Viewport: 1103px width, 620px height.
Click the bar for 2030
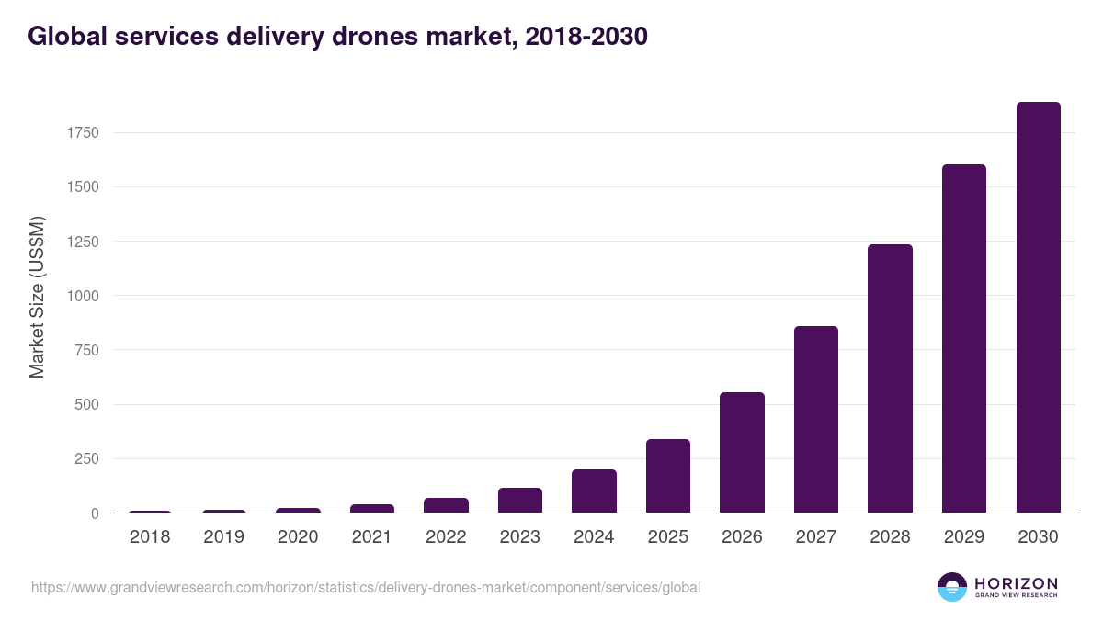(1038, 308)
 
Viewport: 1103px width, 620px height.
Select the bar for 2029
(964, 339)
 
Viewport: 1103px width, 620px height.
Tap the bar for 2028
(890, 378)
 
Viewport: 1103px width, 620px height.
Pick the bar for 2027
(816, 420)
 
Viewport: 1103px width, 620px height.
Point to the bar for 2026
(742, 453)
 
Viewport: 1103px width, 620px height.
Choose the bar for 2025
(668, 476)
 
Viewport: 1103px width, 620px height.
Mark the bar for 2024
(594, 491)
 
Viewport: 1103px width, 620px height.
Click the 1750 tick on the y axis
(83, 133)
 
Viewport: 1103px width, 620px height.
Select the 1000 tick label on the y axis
(83, 296)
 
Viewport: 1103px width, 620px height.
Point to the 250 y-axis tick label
(86, 459)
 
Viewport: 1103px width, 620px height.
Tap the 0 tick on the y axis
(95, 513)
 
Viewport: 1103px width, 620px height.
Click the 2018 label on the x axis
(150, 537)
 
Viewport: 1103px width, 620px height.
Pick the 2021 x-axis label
(372, 537)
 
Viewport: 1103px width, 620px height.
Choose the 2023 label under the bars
(520, 537)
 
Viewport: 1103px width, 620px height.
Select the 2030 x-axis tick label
(1038, 537)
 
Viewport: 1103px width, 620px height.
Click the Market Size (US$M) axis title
(37, 296)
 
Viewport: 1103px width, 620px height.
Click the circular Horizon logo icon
(952, 587)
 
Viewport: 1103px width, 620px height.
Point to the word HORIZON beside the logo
(1016, 583)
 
